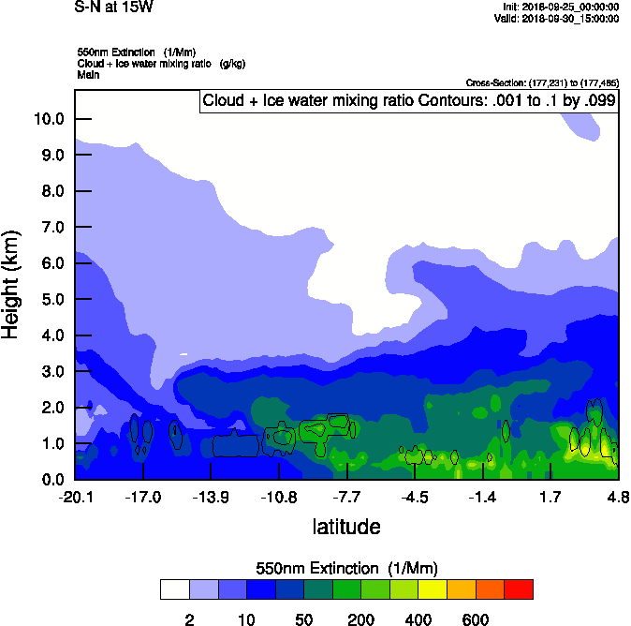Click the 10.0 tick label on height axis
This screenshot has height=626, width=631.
[48, 119]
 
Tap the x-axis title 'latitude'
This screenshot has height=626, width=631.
[346, 527]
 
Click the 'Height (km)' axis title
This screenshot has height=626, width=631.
[12, 283]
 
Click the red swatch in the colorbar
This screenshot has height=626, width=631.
[519, 589]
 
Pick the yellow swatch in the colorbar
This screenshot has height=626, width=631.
[433, 589]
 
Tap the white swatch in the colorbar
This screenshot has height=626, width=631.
[174, 589]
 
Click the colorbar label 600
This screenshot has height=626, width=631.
[476, 619]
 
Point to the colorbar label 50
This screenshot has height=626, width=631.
[303, 619]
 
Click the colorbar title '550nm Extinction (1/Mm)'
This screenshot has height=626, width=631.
[346, 569]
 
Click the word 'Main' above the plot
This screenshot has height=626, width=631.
[88, 74]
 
